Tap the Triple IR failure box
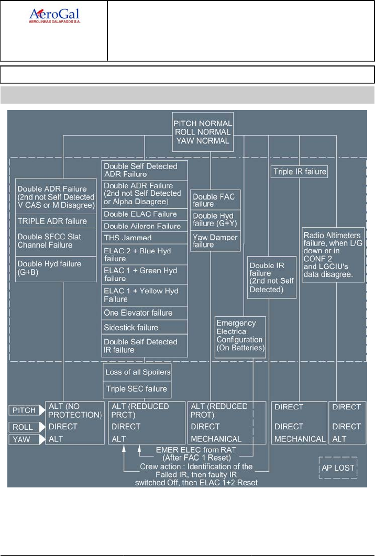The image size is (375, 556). point(299,171)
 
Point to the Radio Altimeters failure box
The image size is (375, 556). point(333,254)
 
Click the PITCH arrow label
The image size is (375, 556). point(26,409)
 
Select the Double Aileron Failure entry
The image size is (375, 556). point(145,226)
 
